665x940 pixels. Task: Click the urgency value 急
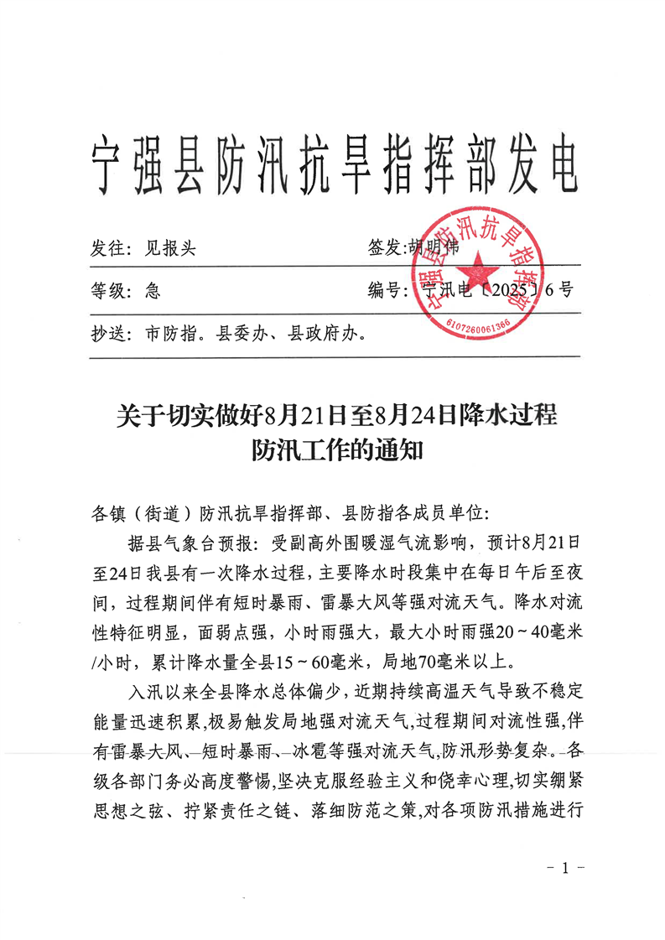point(153,292)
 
